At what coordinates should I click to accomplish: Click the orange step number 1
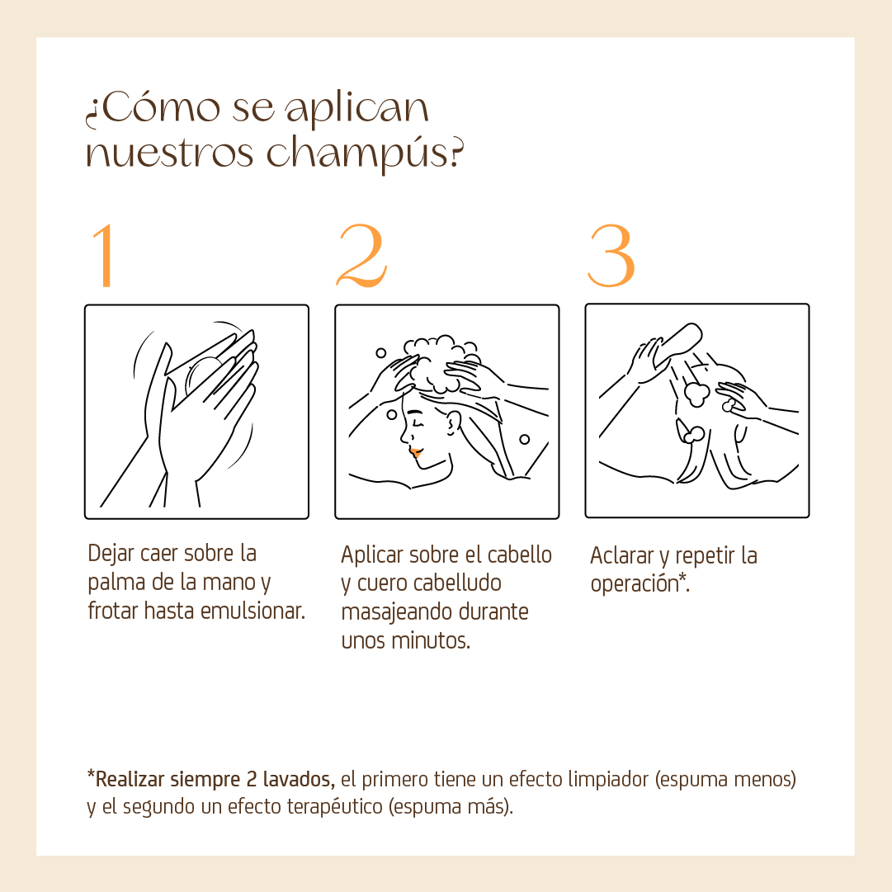point(103,255)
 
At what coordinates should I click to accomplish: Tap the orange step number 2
point(361,255)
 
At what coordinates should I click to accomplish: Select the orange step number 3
point(611,255)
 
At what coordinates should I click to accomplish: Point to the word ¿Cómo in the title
point(153,108)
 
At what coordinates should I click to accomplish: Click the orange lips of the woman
point(415,453)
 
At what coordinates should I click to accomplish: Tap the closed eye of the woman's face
point(418,423)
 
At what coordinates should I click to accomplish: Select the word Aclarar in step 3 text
point(622,555)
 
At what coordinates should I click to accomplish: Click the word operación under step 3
point(635,584)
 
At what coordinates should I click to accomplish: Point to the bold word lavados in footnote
point(299,779)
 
